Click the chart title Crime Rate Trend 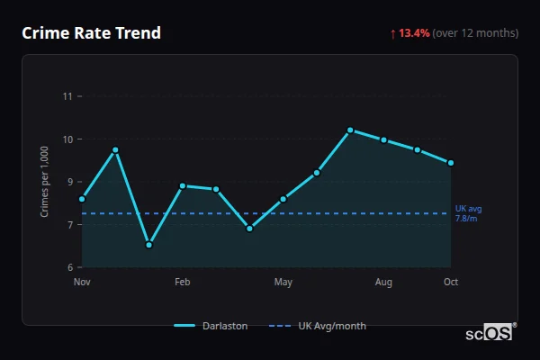tap(91, 33)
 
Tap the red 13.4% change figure tap(415, 33)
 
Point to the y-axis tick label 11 tap(67, 96)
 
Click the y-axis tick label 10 tap(67, 139)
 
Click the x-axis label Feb tap(182, 283)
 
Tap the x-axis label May tap(283, 283)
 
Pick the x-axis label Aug tap(383, 283)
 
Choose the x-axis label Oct tap(451, 283)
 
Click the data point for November tap(82, 199)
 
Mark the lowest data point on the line tap(149, 245)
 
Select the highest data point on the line tap(350, 130)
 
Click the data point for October tap(451, 163)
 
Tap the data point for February tap(183, 186)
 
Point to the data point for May tap(283, 199)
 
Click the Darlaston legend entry tap(211, 326)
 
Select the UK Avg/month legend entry tap(319, 326)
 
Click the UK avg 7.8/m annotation tap(467, 213)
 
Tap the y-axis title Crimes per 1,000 tap(45, 182)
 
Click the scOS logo tap(489, 332)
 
